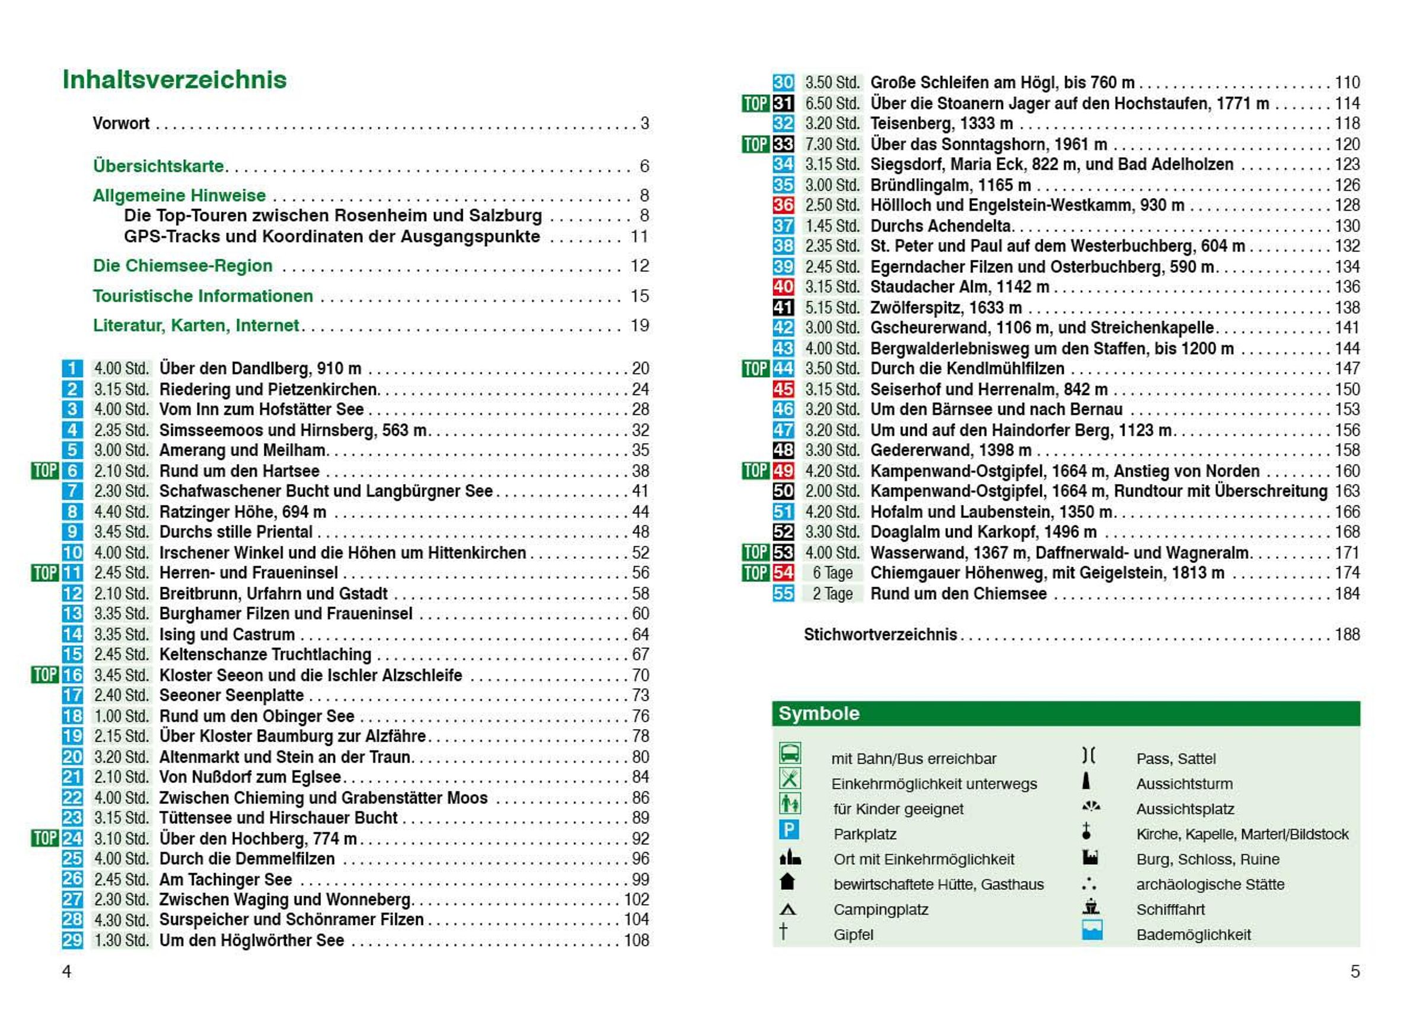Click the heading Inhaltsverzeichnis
(174, 80)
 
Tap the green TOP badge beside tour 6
(45, 470)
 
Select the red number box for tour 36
(783, 205)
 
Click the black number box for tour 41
(783, 307)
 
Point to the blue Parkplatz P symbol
(789, 830)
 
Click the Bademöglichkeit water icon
(1092, 930)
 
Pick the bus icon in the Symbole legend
(790, 753)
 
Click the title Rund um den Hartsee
(240, 471)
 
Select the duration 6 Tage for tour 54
(832, 573)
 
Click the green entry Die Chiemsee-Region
(183, 266)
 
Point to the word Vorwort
(120, 123)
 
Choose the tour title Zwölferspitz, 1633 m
(946, 307)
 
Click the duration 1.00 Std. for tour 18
(121, 716)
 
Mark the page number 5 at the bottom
(1354, 971)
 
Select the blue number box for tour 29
(72, 940)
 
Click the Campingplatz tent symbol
(788, 909)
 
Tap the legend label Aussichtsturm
(1185, 784)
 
